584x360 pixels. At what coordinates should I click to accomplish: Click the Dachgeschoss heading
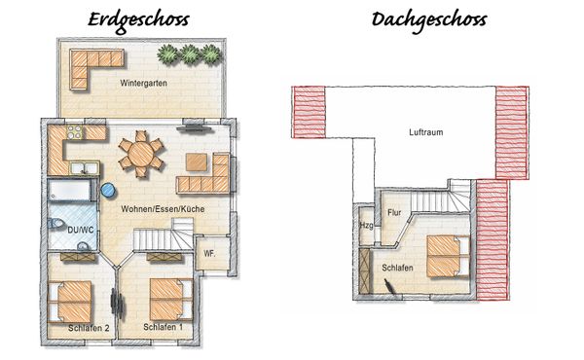pyautogui.click(x=428, y=19)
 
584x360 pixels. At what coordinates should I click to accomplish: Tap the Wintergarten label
pyautogui.click(x=143, y=84)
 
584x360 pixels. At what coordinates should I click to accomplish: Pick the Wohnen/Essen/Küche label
pyautogui.click(x=161, y=209)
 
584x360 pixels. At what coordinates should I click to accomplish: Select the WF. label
pyautogui.click(x=209, y=254)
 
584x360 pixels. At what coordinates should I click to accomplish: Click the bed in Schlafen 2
pyautogui.click(x=70, y=299)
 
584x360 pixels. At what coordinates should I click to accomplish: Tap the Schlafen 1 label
pyautogui.click(x=163, y=327)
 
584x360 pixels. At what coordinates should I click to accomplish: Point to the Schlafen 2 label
pyautogui.click(x=89, y=328)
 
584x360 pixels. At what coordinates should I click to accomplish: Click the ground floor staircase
pyautogui.click(x=156, y=236)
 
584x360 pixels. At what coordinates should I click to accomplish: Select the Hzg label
pyautogui.click(x=366, y=226)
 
